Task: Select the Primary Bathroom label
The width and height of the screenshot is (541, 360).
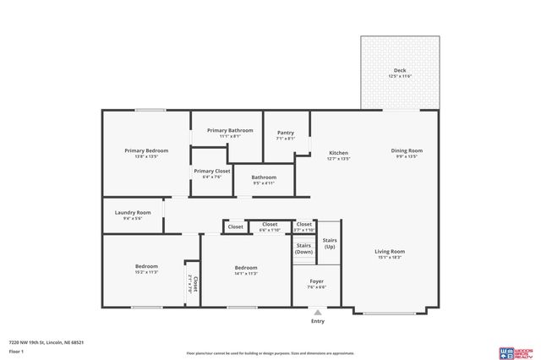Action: tap(230, 130)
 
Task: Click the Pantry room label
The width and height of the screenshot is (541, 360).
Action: tap(285, 133)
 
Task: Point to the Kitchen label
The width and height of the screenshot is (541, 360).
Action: tap(338, 153)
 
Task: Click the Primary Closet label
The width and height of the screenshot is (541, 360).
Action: tap(212, 171)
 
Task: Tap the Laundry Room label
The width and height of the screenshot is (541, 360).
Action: tap(132, 212)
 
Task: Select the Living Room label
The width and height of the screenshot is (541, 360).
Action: tap(391, 251)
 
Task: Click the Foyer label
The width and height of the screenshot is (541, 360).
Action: tap(316, 281)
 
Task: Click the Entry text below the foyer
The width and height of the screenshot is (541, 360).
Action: tap(317, 321)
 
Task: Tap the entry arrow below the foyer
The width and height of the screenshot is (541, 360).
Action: tap(317, 311)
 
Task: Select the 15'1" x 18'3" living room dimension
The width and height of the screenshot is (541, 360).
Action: tap(391, 258)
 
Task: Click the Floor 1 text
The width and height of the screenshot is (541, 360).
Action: tap(17, 349)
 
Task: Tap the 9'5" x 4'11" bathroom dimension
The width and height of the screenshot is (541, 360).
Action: tap(264, 183)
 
